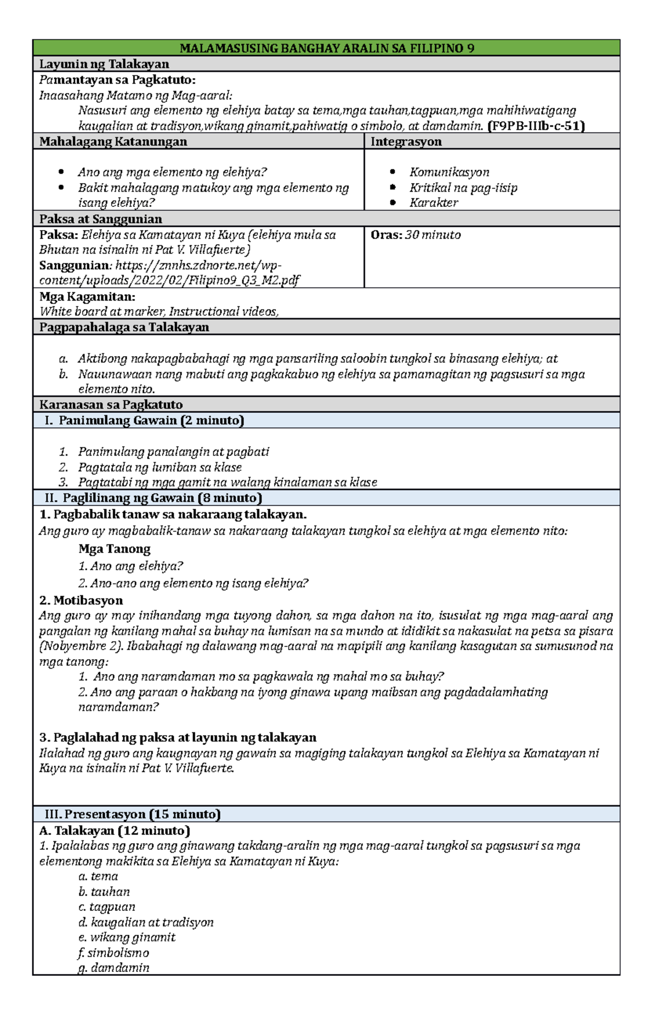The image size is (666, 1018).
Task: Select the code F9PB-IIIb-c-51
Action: click(x=536, y=126)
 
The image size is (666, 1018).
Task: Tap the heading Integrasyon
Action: click(x=406, y=141)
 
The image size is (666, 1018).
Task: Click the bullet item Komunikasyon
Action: click(x=449, y=172)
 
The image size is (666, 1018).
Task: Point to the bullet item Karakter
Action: click(x=433, y=202)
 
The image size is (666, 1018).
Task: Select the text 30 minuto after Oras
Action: click(x=433, y=235)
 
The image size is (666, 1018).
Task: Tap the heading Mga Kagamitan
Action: click(x=87, y=297)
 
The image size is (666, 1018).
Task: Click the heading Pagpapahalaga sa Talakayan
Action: click(x=124, y=327)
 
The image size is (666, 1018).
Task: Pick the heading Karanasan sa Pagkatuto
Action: click(x=110, y=404)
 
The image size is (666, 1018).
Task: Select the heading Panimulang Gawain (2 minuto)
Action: click(x=151, y=421)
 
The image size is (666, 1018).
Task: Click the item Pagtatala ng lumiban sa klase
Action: click(x=159, y=467)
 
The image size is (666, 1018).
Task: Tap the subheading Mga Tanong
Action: click(x=114, y=549)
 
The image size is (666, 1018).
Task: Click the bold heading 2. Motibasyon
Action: click(x=81, y=600)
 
